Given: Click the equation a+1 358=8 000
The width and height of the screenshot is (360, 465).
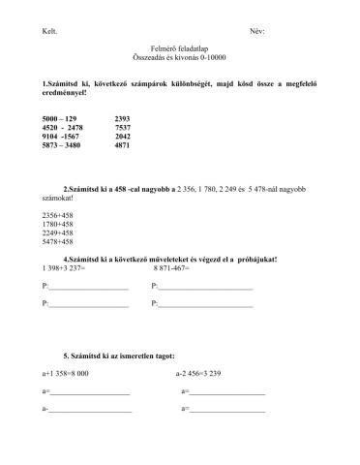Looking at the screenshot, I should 66,373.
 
